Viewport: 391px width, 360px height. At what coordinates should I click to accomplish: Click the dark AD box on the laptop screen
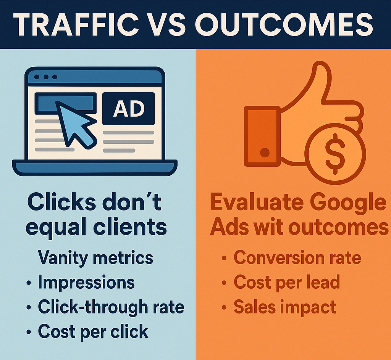coord(128,109)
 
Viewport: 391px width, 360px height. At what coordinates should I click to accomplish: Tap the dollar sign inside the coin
coord(335,154)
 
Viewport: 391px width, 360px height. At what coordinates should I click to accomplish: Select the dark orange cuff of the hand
coord(262,136)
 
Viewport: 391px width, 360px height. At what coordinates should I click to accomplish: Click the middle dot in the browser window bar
coord(46,77)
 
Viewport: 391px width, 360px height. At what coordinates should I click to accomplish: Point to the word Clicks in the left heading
coord(61,202)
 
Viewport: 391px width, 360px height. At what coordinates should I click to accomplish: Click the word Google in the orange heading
coord(349,203)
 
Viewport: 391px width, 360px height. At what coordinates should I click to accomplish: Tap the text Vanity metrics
coord(95,258)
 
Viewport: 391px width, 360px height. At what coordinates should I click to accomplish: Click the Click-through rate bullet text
coord(111,307)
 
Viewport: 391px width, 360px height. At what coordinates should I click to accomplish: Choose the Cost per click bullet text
coord(93,331)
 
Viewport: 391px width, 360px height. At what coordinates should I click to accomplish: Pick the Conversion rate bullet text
coord(297,257)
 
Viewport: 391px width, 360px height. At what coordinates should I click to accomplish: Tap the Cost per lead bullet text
coord(287,282)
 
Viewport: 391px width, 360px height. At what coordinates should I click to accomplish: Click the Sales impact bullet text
coord(285,307)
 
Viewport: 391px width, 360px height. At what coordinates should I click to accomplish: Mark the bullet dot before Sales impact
coord(224,307)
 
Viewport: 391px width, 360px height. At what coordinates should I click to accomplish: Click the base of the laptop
coord(95,167)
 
